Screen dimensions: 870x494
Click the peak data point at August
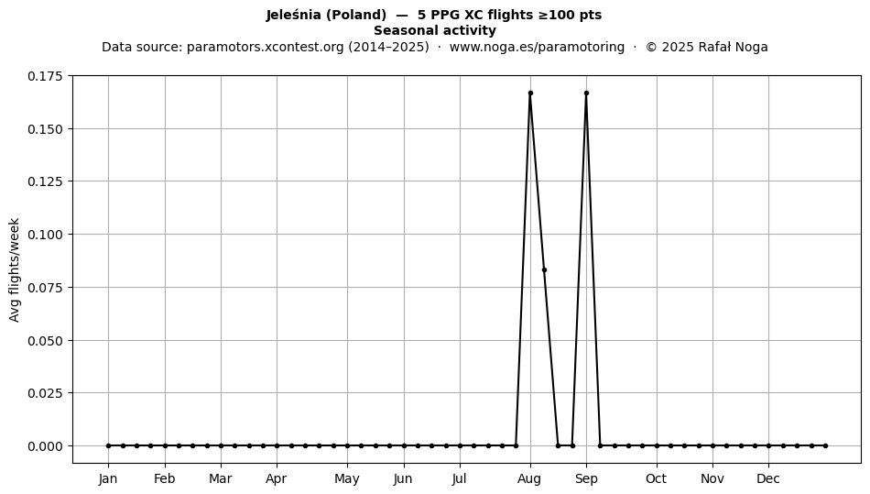coord(530,93)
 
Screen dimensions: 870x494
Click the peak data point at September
coord(586,93)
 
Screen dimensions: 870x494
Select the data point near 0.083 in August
coord(544,269)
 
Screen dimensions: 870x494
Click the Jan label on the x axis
coord(108,478)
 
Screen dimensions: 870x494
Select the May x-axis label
coord(347,478)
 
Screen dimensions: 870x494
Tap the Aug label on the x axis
coord(530,478)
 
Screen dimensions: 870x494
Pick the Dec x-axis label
coord(768,478)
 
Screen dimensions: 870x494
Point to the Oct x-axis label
coord(657,478)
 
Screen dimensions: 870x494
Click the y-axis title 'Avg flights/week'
coord(15,269)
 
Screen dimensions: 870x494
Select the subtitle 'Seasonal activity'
coord(435,30)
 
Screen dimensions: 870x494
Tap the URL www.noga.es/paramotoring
coord(537,47)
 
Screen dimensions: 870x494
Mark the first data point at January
coord(108,445)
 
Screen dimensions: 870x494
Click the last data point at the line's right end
coord(826,445)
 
